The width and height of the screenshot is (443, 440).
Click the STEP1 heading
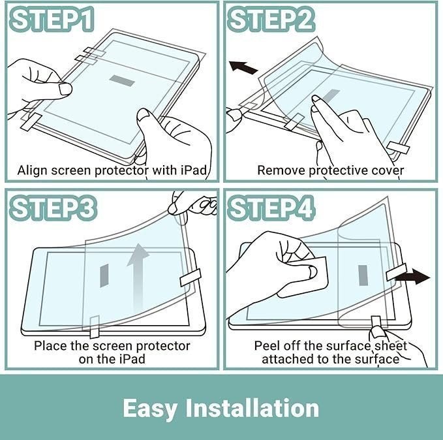click(x=52, y=19)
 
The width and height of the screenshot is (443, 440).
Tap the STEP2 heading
click(x=271, y=19)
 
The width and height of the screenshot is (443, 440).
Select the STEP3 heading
click(x=53, y=208)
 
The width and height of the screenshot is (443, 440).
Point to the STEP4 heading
click(x=271, y=208)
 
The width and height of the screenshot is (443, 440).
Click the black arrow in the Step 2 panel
click(x=243, y=68)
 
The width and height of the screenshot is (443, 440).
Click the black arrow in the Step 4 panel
click(x=413, y=276)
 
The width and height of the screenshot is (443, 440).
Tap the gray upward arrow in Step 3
click(x=138, y=277)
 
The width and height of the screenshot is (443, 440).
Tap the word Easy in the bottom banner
click(x=150, y=409)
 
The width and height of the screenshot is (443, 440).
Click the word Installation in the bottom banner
click(x=252, y=408)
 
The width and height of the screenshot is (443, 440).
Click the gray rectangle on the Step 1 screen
click(x=122, y=81)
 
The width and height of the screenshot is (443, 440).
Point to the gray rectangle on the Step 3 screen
click(x=104, y=275)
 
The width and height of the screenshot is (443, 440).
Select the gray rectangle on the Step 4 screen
click(x=363, y=275)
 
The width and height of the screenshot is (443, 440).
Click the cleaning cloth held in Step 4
click(x=304, y=277)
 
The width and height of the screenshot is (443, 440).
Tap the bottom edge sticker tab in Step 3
click(x=95, y=327)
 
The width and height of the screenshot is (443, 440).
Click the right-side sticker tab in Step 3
click(x=191, y=277)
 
